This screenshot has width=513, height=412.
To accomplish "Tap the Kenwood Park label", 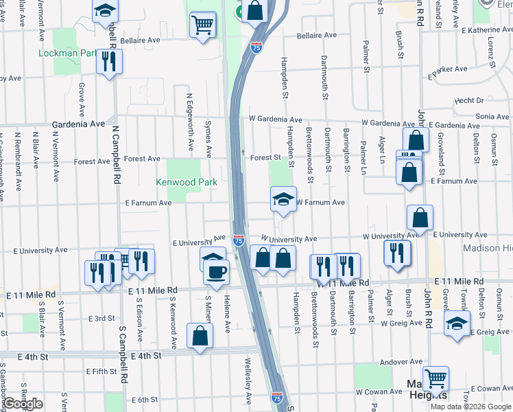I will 187,182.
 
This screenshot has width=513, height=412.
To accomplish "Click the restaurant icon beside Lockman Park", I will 108,61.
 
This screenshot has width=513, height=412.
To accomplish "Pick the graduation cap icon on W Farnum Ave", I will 283,199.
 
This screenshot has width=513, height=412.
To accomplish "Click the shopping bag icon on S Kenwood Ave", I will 200,337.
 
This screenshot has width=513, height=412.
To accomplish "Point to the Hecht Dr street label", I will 469,100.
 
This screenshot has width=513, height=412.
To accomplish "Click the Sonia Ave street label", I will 492,117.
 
